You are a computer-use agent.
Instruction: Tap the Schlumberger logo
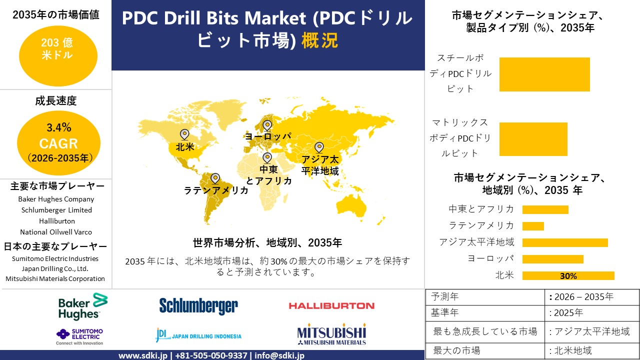tap(198, 306)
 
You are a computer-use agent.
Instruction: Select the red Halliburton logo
tap(331, 305)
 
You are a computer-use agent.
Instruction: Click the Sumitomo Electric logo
tap(80, 336)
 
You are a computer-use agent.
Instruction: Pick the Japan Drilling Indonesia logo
tap(198, 335)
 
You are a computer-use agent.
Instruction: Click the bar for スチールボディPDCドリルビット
tap(544, 74)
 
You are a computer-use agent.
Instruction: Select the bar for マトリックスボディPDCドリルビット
tap(533, 139)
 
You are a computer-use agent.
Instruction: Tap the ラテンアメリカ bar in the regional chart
tap(533, 226)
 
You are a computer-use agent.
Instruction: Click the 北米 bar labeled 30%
tap(568, 275)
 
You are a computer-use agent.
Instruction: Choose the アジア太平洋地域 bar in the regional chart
tap(565, 242)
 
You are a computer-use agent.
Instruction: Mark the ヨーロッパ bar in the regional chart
tap(552, 259)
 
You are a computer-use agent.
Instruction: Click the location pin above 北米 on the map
tap(184, 134)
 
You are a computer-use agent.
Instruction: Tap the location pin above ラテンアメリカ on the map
tap(215, 178)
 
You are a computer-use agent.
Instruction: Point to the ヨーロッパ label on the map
tap(267, 136)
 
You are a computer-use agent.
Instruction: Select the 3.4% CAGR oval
tap(58, 143)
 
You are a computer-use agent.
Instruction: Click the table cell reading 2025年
tap(566, 313)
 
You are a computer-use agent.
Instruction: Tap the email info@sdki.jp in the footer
tap(279, 355)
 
